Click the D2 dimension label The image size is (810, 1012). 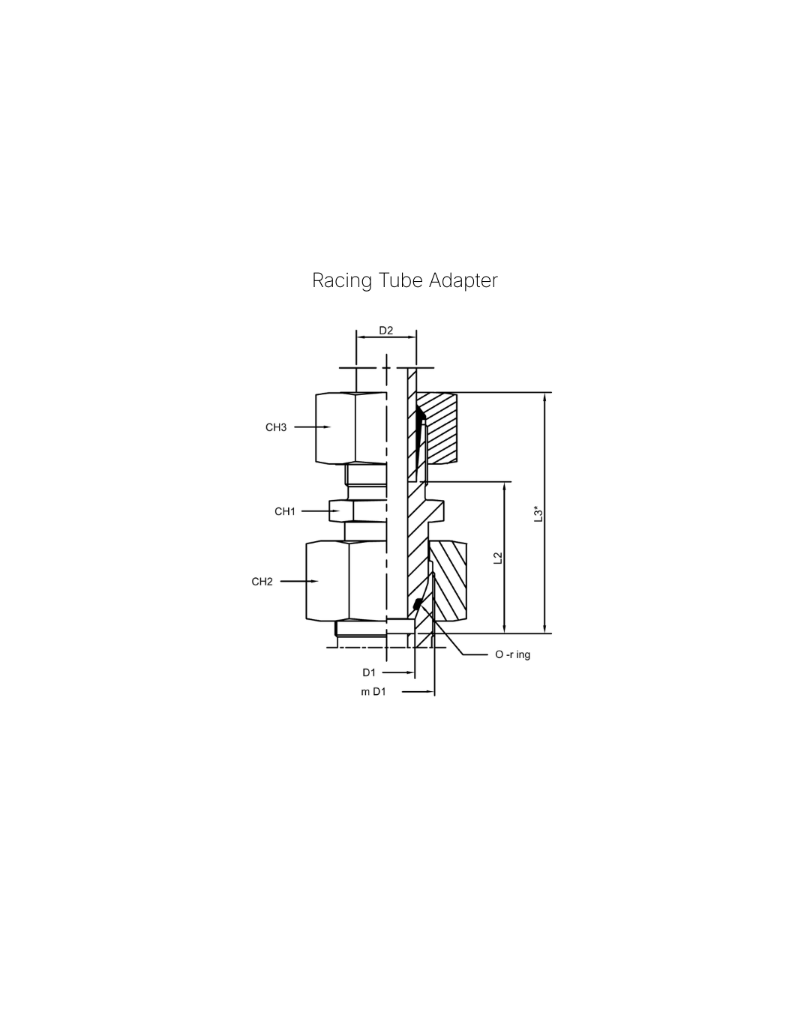pos(385,331)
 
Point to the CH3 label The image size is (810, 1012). pos(276,427)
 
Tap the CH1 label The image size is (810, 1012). pos(285,511)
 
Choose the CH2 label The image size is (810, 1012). pos(262,582)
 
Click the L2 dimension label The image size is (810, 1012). pos(496,558)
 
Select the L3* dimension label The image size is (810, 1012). pos(537,513)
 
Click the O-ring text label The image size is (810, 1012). pos(512,654)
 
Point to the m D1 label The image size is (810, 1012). pos(373,692)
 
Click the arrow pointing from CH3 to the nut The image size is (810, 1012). pos(313,427)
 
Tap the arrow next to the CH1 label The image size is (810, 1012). pos(322,511)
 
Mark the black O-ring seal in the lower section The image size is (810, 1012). pos(417,604)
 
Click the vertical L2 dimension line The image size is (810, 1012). pos(505,558)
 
